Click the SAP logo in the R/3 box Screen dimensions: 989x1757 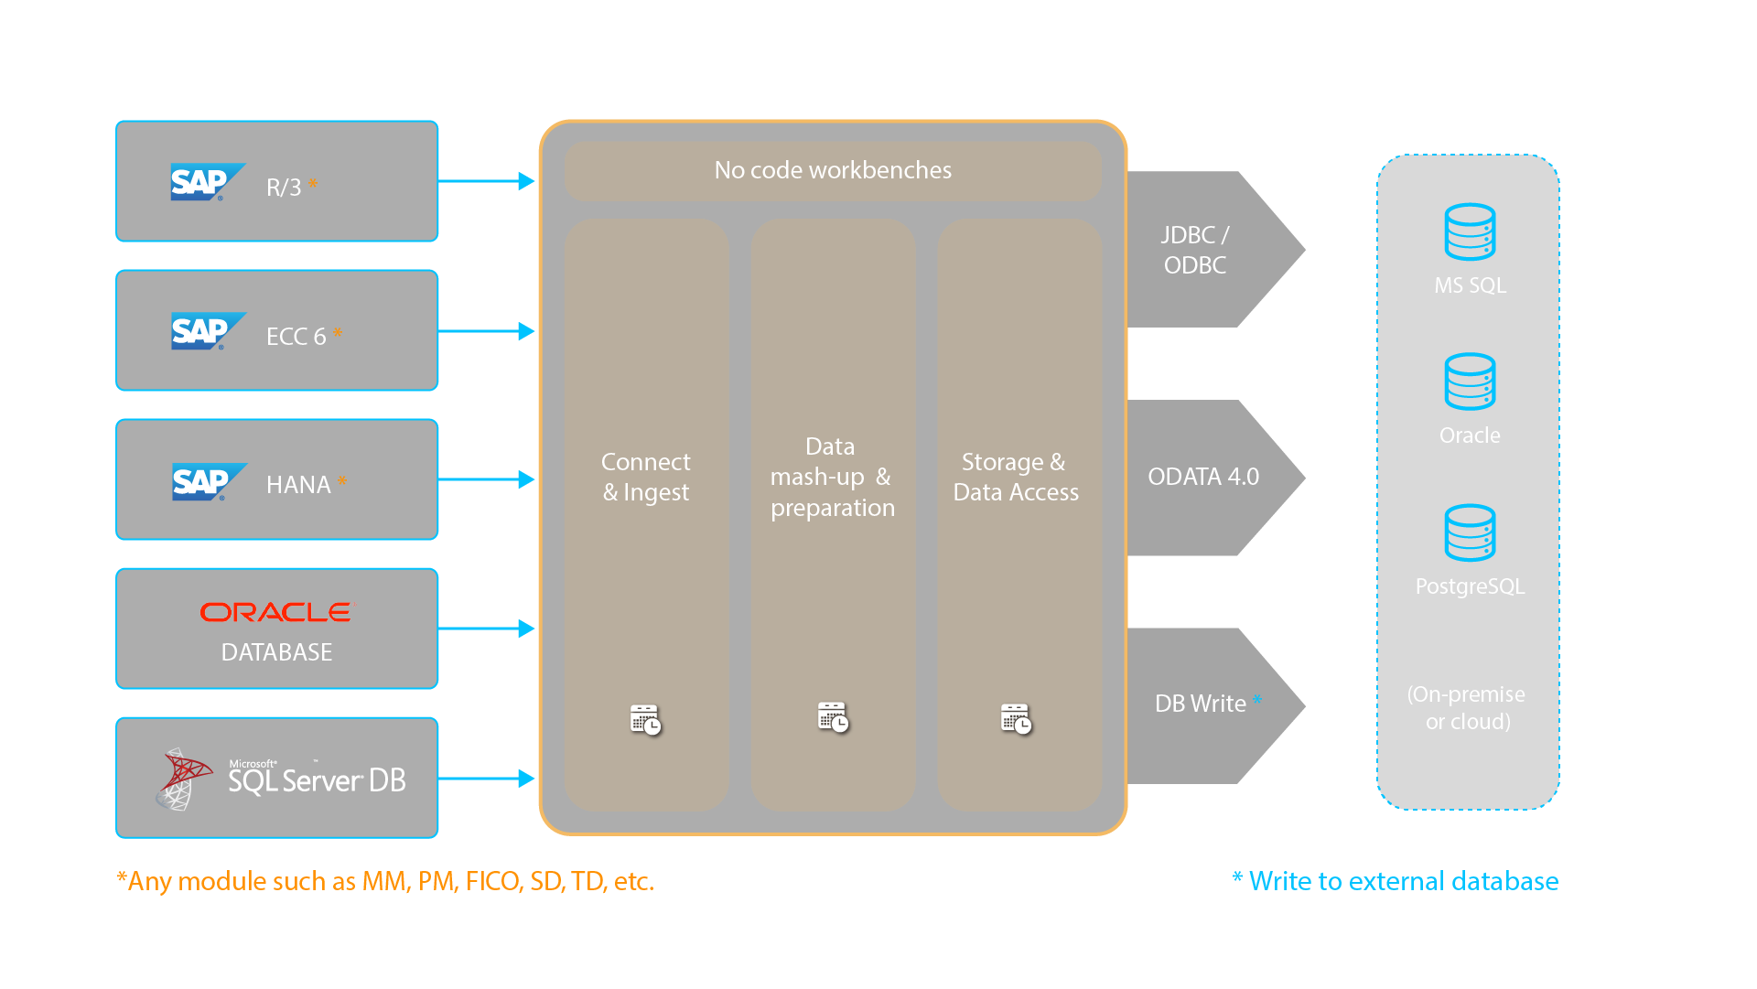[x=206, y=182]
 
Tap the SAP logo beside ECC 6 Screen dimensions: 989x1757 [x=207, y=331]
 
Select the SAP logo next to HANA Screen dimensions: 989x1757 [x=208, y=481]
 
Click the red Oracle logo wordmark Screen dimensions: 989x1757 [x=277, y=612]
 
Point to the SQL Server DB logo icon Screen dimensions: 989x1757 [x=183, y=779]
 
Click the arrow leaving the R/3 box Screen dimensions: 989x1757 [x=486, y=181]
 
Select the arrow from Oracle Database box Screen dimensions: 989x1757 [x=486, y=629]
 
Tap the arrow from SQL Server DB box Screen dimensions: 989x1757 [x=486, y=779]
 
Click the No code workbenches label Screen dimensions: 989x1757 [x=833, y=170]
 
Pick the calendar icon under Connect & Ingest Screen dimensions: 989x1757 [x=645, y=720]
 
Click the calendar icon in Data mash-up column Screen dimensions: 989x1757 [x=833, y=717]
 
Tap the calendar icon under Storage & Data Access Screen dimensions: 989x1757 [x=1016, y=719]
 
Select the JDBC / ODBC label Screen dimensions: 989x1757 [x=1194, y=250]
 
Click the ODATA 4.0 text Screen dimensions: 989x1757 [x=1203, y=477]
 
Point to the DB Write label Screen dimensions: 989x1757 [x=1200, y=704]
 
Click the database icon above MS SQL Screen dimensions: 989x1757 [x=1470, y=232]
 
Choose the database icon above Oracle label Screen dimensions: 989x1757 [x=1470, y=382]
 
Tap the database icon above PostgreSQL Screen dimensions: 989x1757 [x=1470, y=532]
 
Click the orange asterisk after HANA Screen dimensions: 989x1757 [x=342, y=481]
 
